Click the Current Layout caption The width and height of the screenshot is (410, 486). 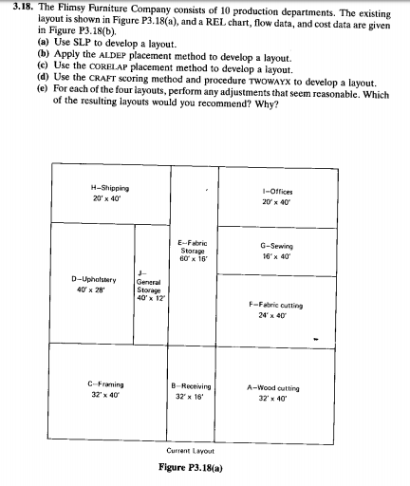pyautogui.click(x=189, y=450)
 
